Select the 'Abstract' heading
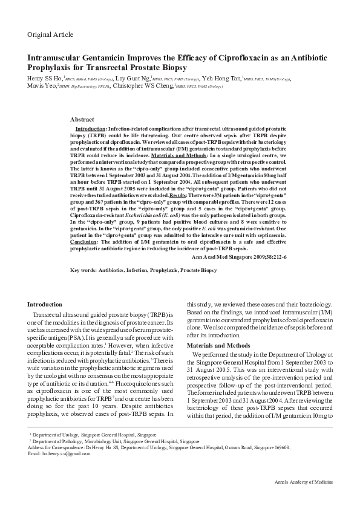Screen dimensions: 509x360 pos(82,120)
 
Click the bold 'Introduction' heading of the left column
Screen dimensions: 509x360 pos(45,304)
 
